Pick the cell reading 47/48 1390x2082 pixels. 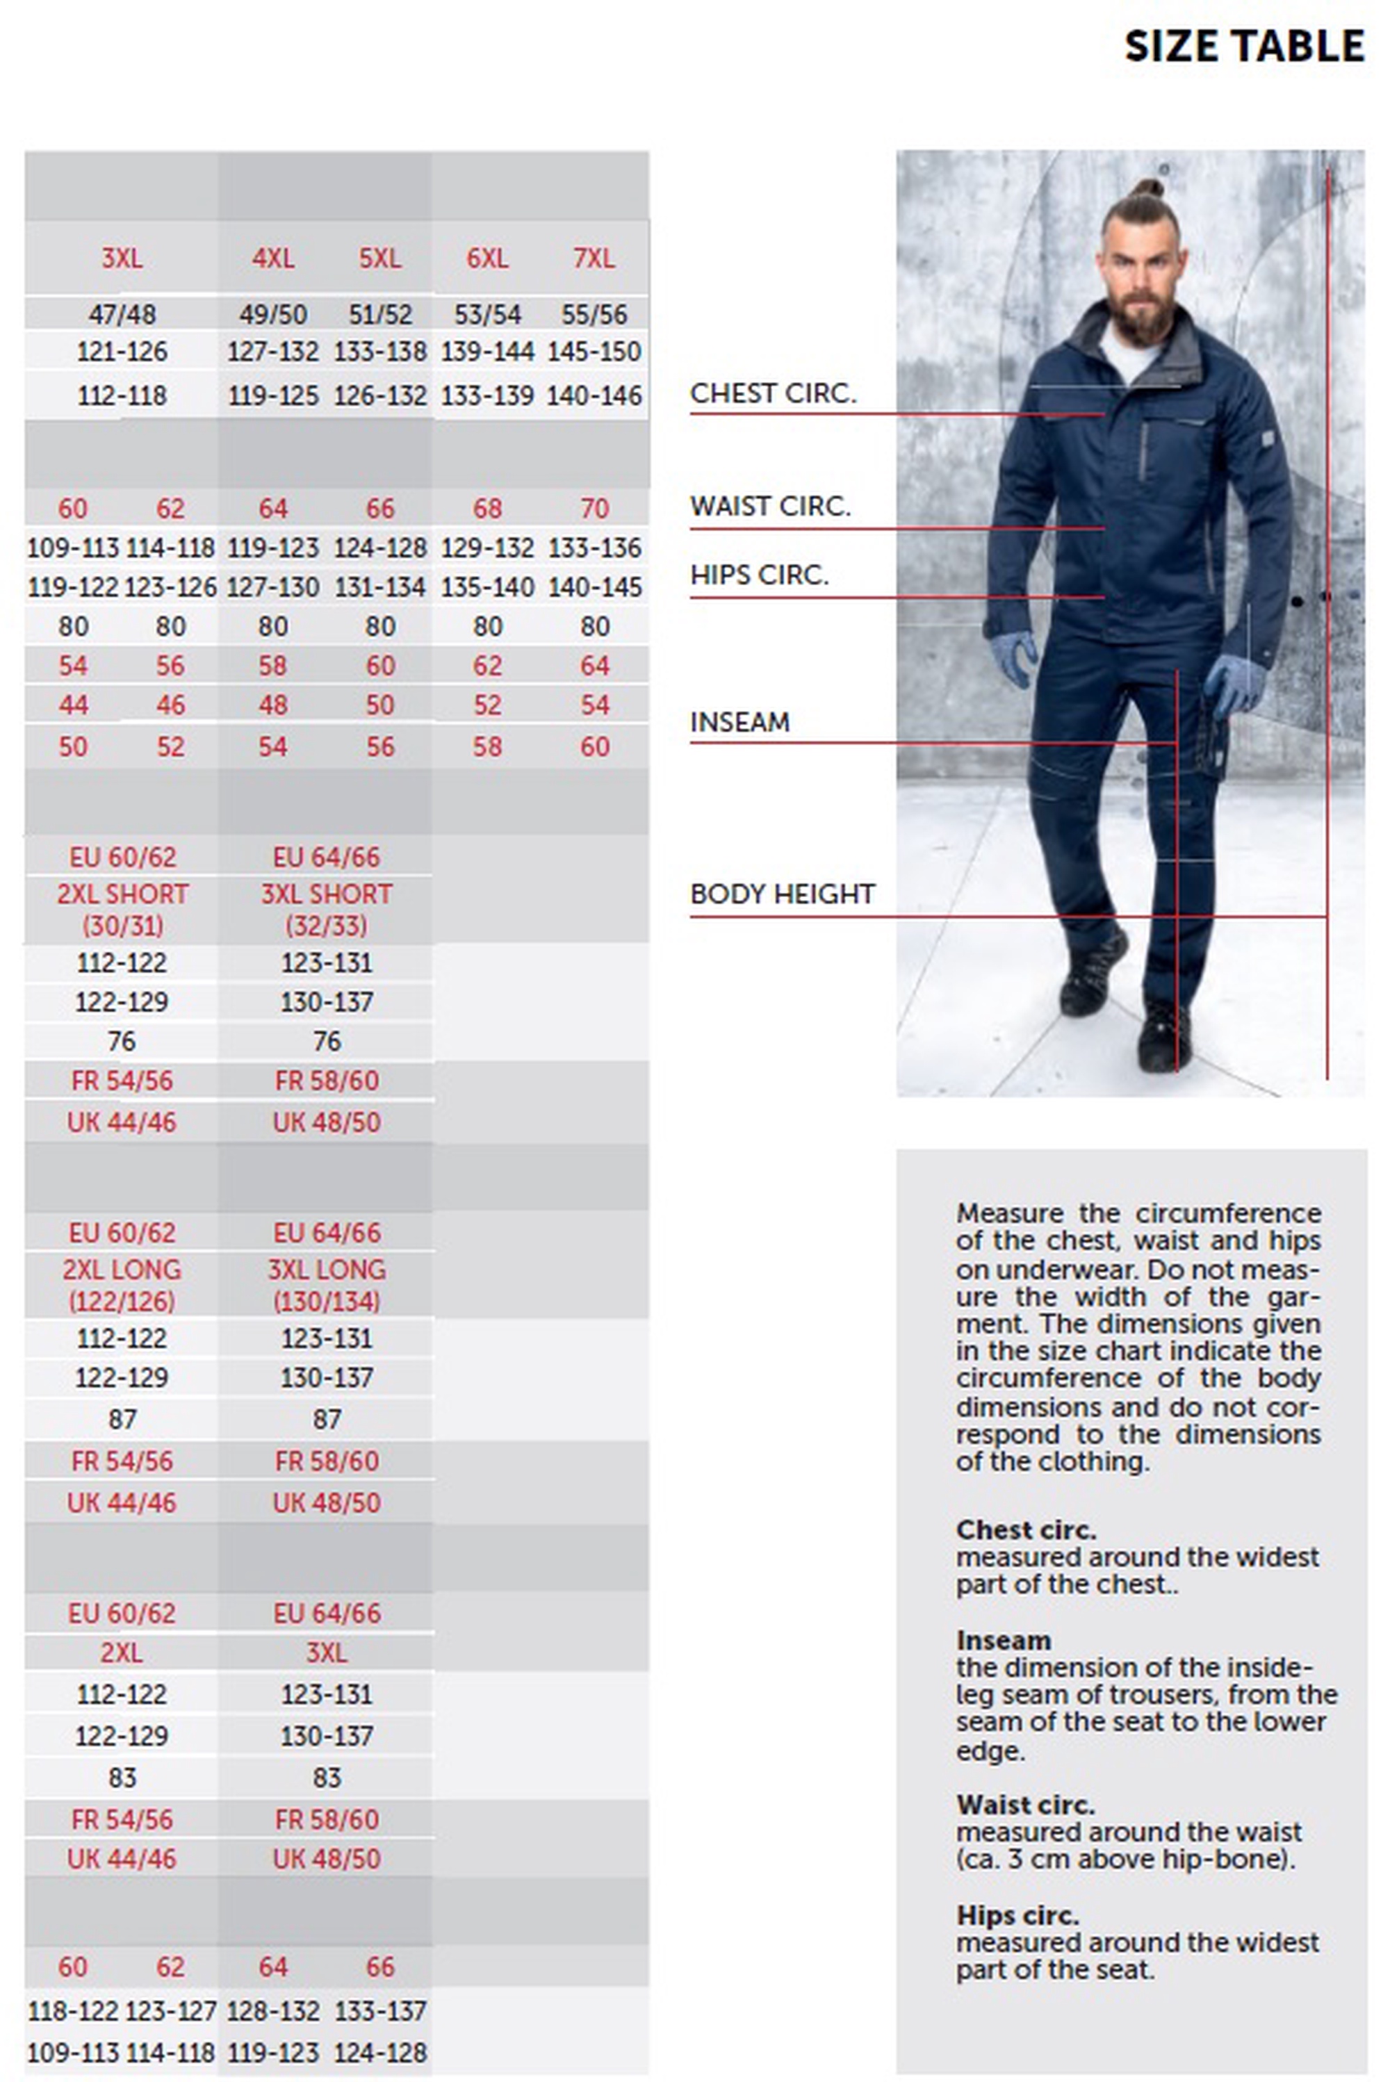(x=122, y=314)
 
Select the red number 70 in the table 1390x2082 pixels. (x=594, y=508)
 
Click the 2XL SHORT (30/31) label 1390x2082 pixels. (x=122, y=910)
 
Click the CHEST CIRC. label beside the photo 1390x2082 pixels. (x=773, y=393)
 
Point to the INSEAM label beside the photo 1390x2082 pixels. (x=739, y=722)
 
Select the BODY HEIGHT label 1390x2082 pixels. (x=782, y=894)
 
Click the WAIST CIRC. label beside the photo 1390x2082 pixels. (x=769, y=506)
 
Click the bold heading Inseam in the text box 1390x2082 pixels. (x=1003, y=1640)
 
